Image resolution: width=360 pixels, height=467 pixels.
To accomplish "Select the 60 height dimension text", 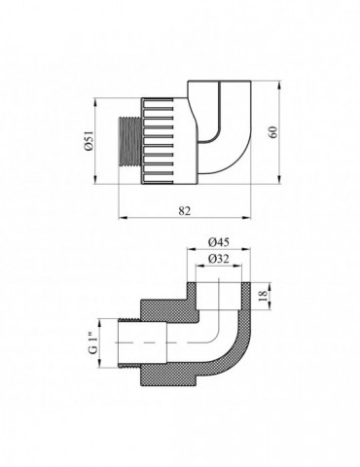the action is pos(273,132).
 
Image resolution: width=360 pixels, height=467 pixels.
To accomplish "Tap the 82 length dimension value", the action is pos(185,210).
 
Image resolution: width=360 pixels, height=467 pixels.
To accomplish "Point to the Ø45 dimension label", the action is pos(219,242).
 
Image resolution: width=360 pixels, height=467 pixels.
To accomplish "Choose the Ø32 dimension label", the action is pos(219,259).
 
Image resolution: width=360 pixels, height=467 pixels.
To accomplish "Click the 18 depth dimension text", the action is pos(263,296).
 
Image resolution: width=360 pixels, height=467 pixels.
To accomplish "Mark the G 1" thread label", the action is pos(93,343).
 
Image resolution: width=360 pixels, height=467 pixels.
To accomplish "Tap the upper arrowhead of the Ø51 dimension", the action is pos(95,102).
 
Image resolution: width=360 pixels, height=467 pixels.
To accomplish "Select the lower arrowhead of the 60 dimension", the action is pos(279,179).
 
